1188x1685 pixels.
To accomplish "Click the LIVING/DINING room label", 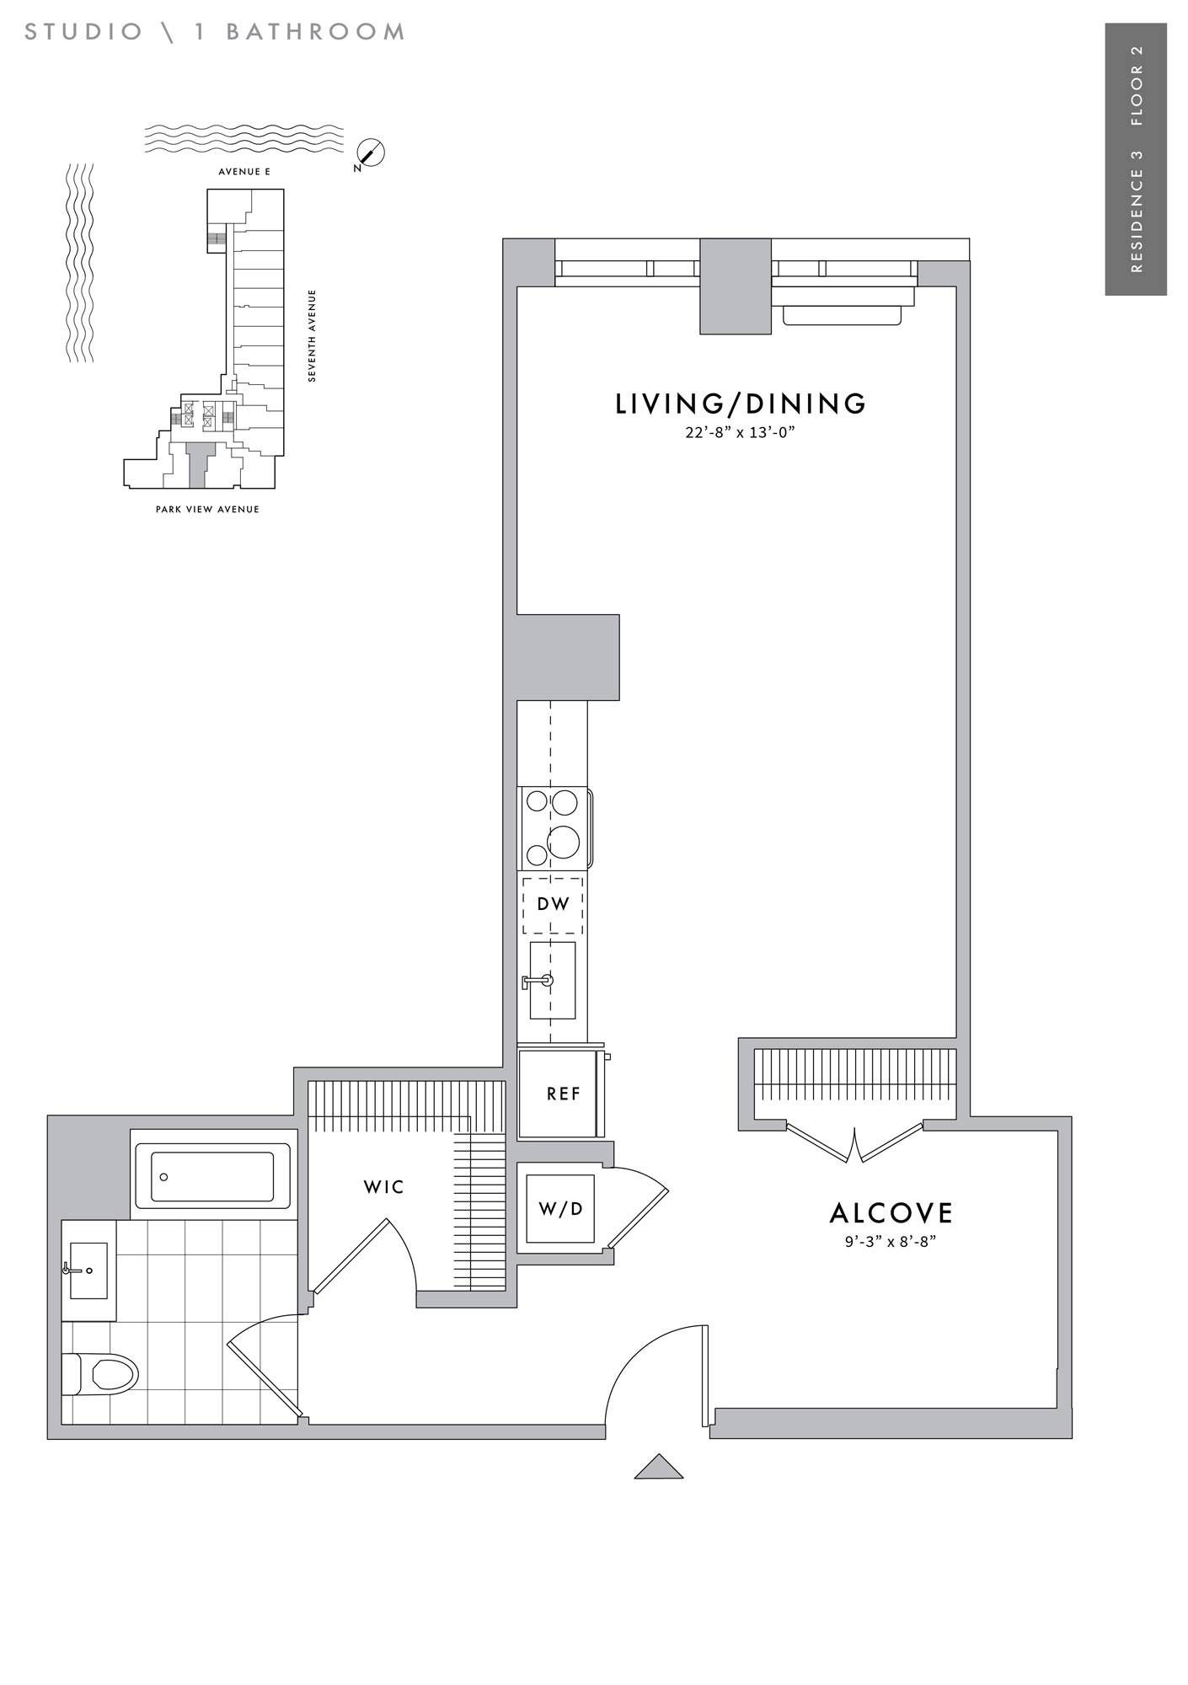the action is [x=741, y=404].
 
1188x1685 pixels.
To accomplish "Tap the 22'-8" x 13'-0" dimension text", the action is [x=741, y=433].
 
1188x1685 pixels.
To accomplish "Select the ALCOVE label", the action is [x=891, y=1213].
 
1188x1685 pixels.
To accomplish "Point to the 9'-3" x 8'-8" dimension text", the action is [x=891, y=1241].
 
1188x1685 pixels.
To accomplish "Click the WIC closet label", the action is [x=384, y=1187].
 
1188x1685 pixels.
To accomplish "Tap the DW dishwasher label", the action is [x=554, y=904].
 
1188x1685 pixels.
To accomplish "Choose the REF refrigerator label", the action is [x=564, y=1094].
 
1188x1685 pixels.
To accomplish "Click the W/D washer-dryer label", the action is [x=560, y=1209].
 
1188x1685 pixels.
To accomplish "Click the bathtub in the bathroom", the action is [x=212, y=1176].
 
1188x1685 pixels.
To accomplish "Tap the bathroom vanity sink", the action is [x=88, y=1270].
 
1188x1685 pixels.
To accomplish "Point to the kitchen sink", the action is [x=552, y=980].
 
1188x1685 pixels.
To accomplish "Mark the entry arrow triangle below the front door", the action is [x=659, y=1467].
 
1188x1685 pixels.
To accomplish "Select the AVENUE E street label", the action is [x=244, y=172].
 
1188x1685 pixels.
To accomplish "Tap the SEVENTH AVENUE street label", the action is [x=313, y=336].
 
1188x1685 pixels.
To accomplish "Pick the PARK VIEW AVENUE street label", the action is [x=207, y=509].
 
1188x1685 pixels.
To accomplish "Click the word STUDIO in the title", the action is [x=84, y=32].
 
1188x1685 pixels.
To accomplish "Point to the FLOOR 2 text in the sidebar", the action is [x=1137, y=84].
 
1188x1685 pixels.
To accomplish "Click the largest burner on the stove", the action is [x=564, y=841].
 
